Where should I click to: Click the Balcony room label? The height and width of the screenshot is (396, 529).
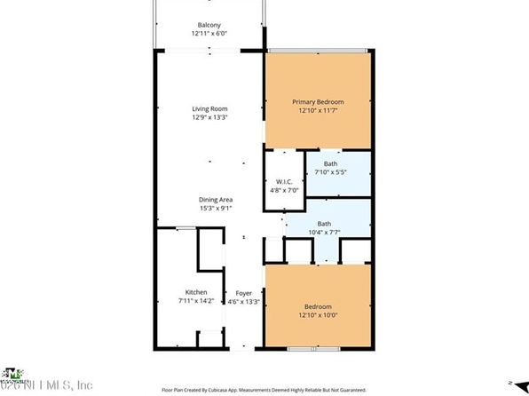(209, 25)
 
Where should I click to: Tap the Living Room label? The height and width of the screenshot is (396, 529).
(209, 109)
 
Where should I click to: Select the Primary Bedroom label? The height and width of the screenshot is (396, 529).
(318, 102)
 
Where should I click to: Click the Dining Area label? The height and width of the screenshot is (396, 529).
(215, 200)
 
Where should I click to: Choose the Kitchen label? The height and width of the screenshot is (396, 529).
(195, 292)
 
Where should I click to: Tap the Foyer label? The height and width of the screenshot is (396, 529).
(243, 293)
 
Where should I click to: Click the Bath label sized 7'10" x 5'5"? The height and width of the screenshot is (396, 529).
(330, 164)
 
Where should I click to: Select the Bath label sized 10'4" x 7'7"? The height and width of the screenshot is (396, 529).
(324, 224)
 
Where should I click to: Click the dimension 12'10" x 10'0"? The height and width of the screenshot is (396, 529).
(318, 313)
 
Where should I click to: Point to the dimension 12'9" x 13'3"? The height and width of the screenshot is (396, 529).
(209, 118)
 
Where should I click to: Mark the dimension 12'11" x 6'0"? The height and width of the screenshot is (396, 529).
(209, 34)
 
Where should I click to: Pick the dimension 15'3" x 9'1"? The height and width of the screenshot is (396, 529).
(215, 209)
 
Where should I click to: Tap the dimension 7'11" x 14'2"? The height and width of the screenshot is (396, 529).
(195, 302)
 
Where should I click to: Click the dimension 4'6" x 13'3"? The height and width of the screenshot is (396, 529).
(243, 302)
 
